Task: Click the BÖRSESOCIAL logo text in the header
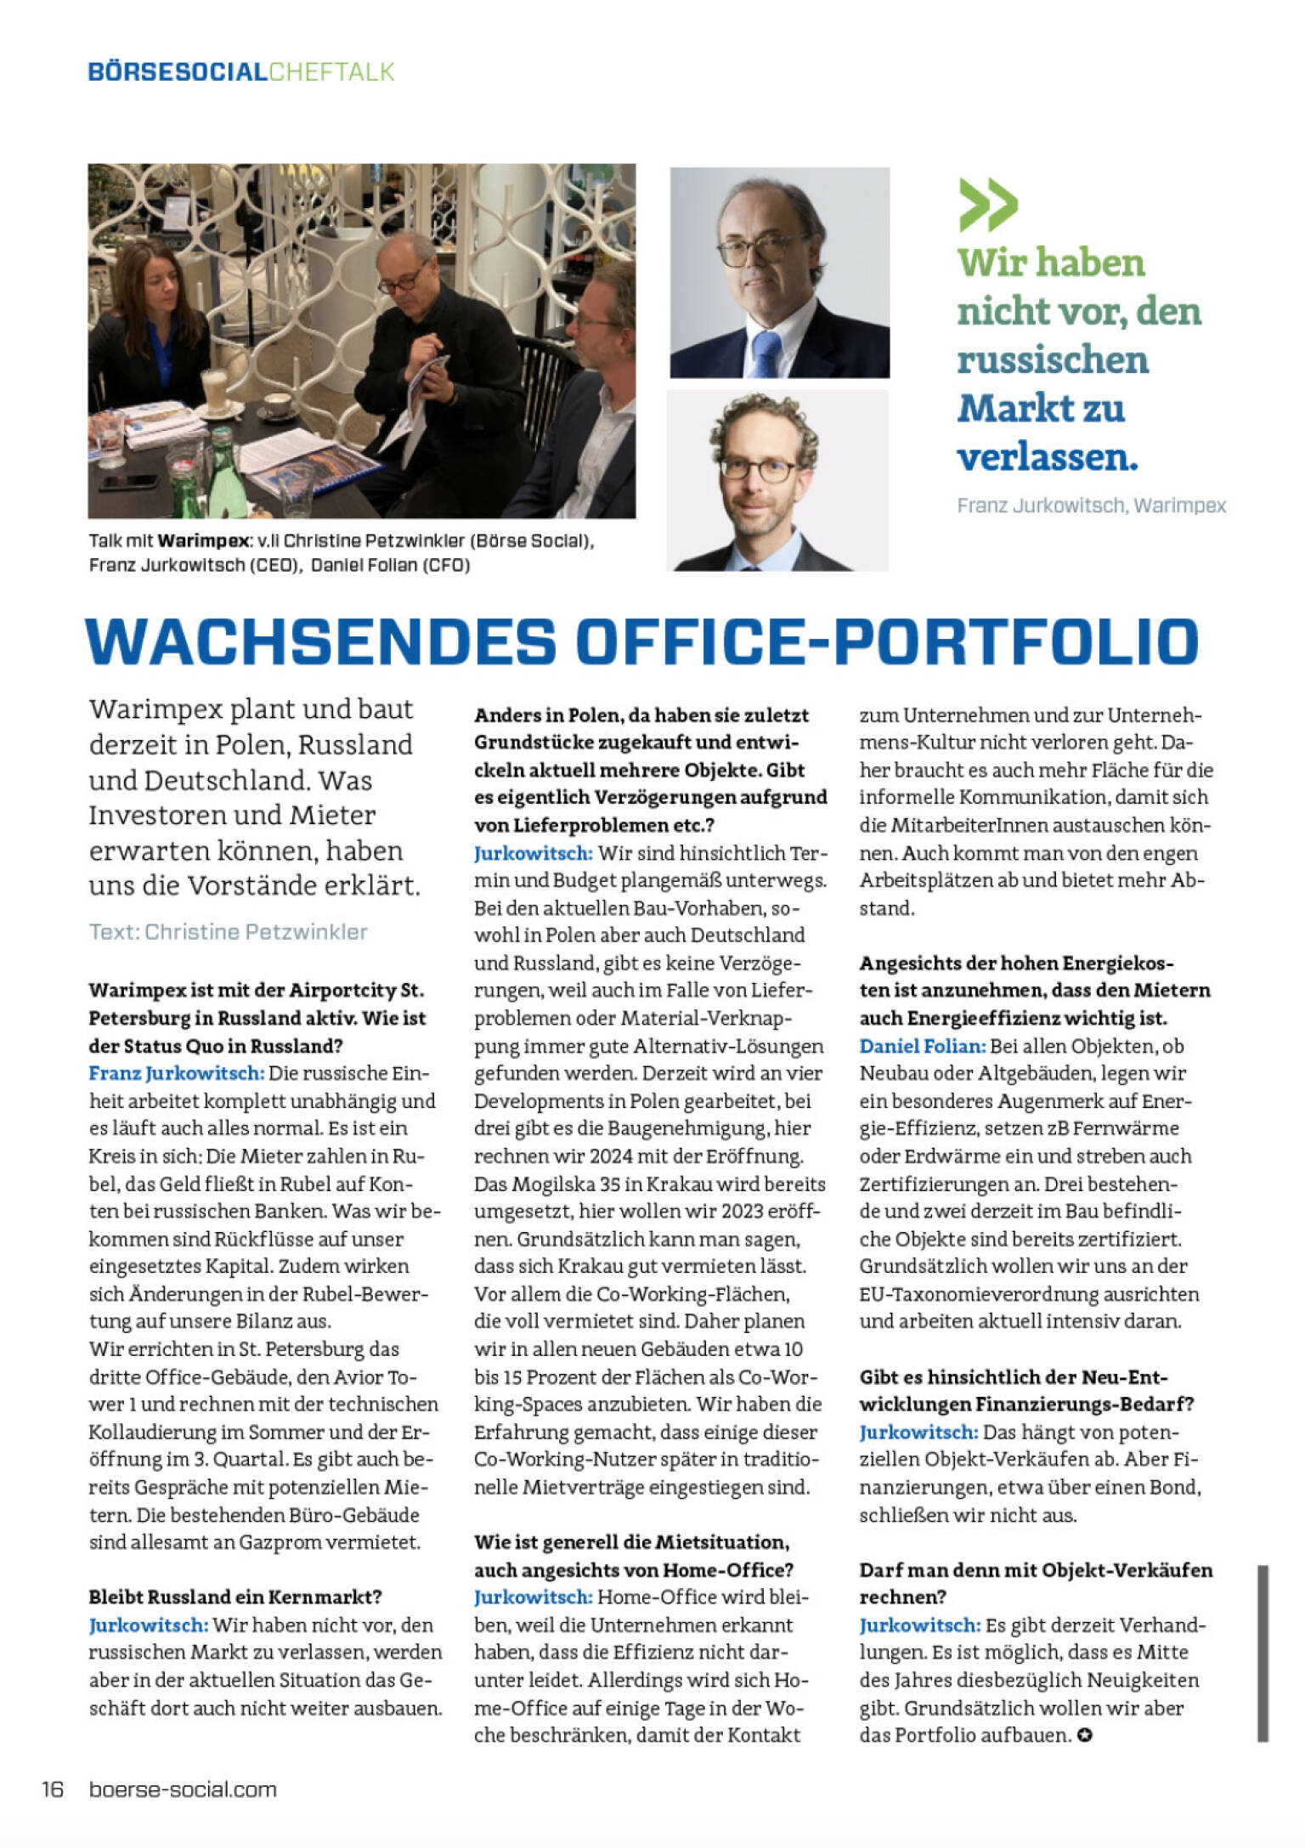(x=178, y=71)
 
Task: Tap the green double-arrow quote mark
(x=988, y=205)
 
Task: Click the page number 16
(x=53, y=1789)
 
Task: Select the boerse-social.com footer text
(x=183, y=1789)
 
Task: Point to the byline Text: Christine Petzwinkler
(x=228, y=931)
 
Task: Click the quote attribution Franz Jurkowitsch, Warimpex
(x=1091, y=506)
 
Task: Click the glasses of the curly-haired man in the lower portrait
(x=760, y=469)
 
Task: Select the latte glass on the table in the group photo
(x=213, y=391)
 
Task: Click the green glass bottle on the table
(x=224, y=472)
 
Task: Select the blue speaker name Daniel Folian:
(x=922, y=1046)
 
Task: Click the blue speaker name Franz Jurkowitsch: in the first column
(x=176, y=1073)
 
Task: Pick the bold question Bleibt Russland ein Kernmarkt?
(x=235, y=1597)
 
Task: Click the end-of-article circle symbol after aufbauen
(x=1084, y=1735)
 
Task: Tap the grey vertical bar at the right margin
(x=1263, y=1653)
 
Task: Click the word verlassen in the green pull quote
(x=1047, y=457)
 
